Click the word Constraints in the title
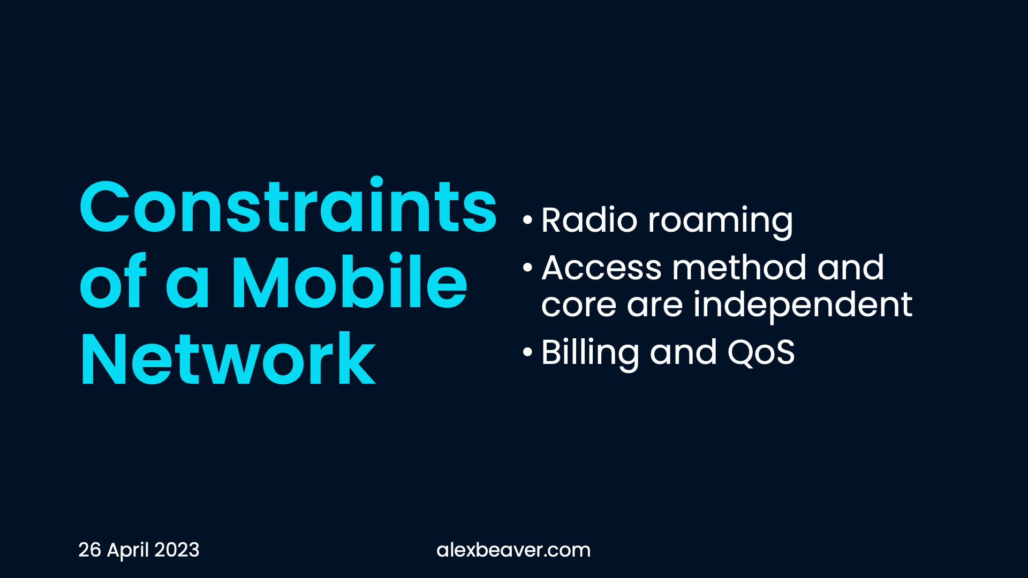pos(289,206)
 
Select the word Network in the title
pos(228,358)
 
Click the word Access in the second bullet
pos(602,268)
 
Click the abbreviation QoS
pos(761,353)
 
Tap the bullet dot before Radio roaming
pos(528,220)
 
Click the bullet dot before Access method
pos(528,267)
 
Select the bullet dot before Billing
pos(528,352)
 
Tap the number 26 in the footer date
pos(89,550)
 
